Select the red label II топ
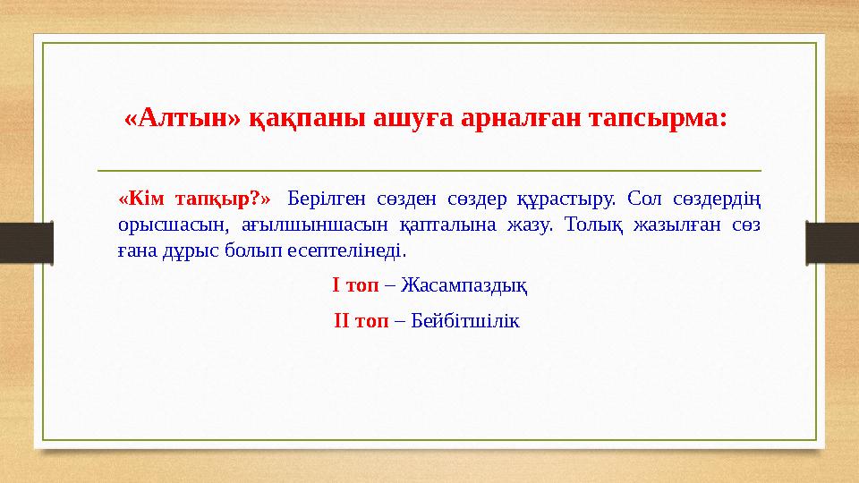(x=360, y=320)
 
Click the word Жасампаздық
(x=464, y=285)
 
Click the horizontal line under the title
(x=429, y=170)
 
